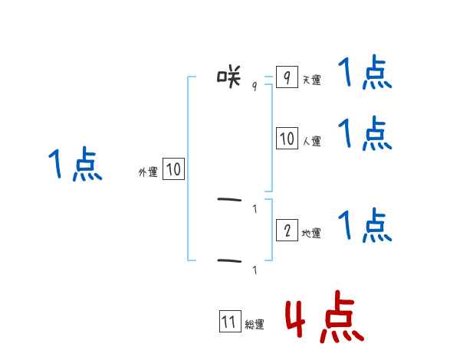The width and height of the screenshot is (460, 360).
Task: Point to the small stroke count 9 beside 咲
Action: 255,86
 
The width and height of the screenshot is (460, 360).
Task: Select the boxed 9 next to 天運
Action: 286,77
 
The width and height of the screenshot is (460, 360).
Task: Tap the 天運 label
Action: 312,80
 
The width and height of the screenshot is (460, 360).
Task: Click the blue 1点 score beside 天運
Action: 365,74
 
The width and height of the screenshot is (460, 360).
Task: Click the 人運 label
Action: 312,141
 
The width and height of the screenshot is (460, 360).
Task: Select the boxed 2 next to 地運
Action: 287,230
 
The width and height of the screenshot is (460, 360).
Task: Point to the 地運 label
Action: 311,233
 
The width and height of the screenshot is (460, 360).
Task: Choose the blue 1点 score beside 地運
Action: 365,225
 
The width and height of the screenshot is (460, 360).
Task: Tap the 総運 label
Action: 255,325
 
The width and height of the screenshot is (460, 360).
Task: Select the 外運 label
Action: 148,173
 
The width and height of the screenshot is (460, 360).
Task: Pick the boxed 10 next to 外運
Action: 173,169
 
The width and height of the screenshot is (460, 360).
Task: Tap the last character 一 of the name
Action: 229,261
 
